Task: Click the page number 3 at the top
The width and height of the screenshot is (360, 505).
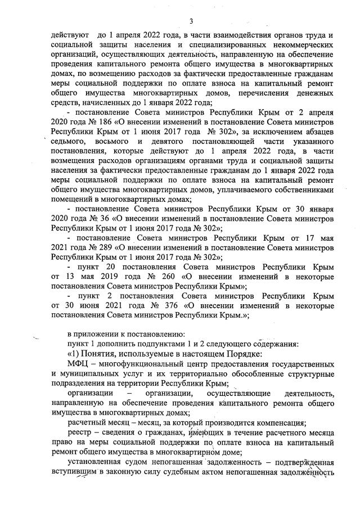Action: click(191, 21)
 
